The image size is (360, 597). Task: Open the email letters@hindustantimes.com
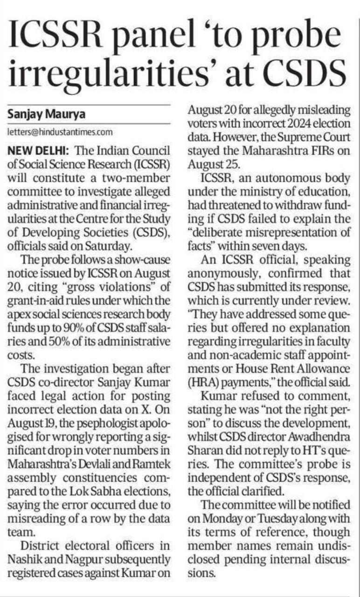(60, 132)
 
